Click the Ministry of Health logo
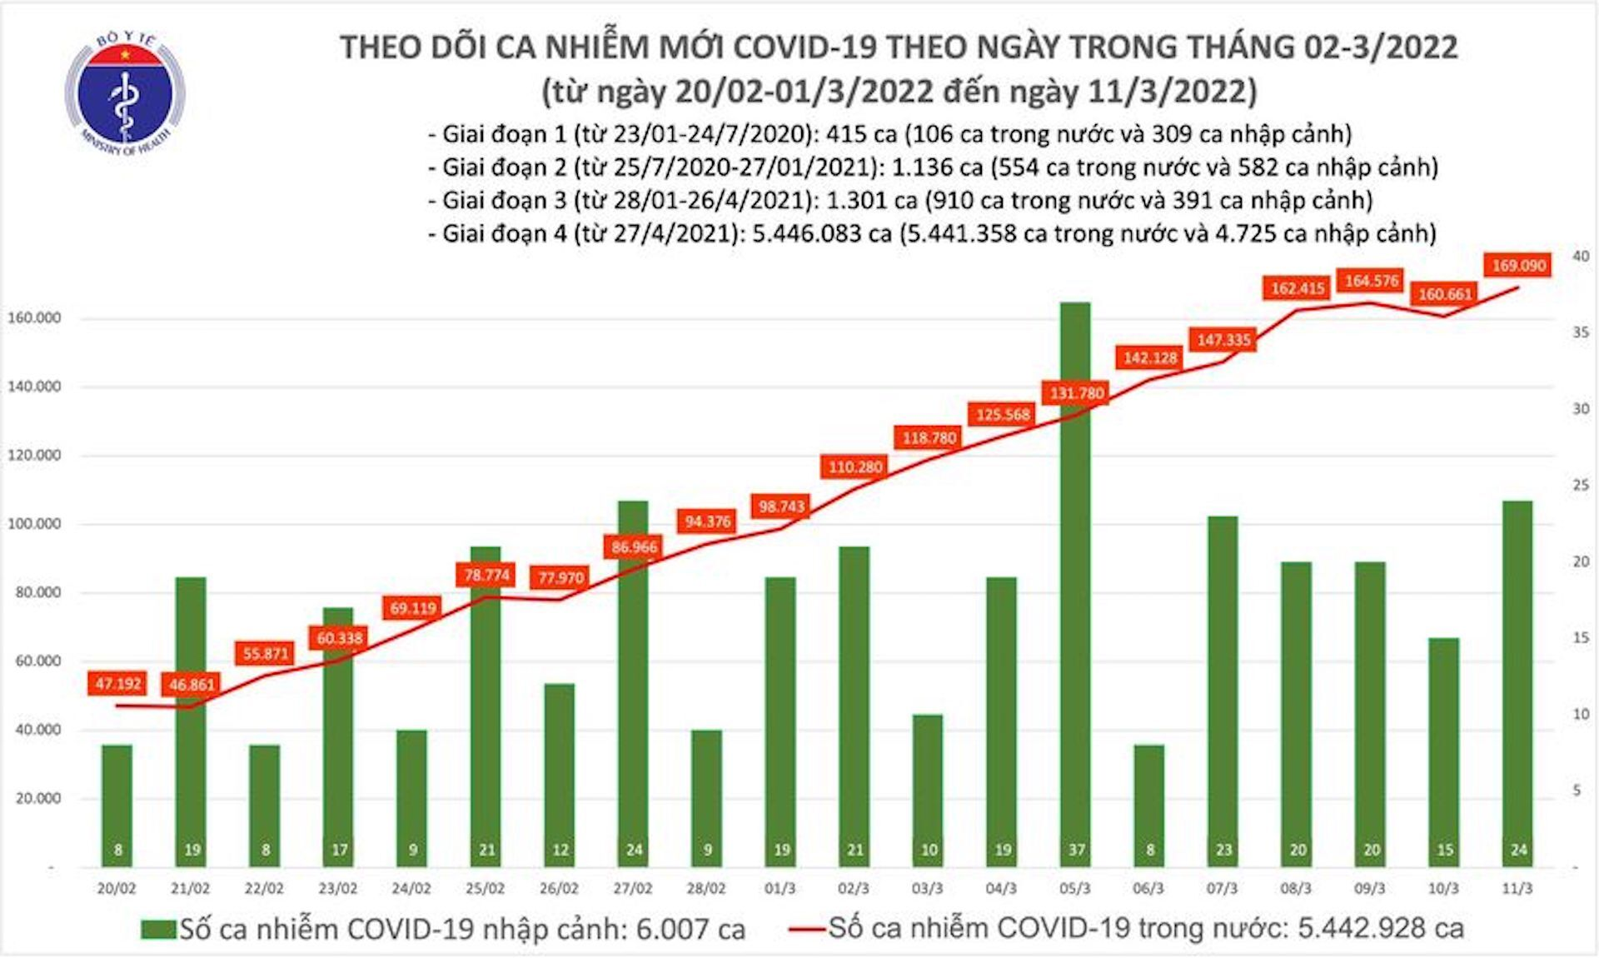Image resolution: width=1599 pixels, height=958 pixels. (125, 94)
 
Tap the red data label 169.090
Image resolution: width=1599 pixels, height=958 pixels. (1518, 266)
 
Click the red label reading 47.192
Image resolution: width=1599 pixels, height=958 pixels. (117, 684)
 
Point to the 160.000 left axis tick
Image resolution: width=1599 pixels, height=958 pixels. (34, 318)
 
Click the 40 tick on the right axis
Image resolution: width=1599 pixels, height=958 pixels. (1580, 257)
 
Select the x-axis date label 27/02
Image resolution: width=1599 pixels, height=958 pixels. (632, 889)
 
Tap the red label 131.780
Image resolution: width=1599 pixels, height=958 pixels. (1076, 393)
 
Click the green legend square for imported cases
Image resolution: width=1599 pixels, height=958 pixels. (158, 929)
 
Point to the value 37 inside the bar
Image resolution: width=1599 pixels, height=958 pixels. (1076, 850)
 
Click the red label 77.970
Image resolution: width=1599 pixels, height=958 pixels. (560, 577)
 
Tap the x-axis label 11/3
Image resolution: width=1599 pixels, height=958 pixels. (1517, 889)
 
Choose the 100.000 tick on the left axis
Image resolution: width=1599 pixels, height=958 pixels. (34, 524)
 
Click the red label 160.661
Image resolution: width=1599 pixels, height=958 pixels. (1445, 294)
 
